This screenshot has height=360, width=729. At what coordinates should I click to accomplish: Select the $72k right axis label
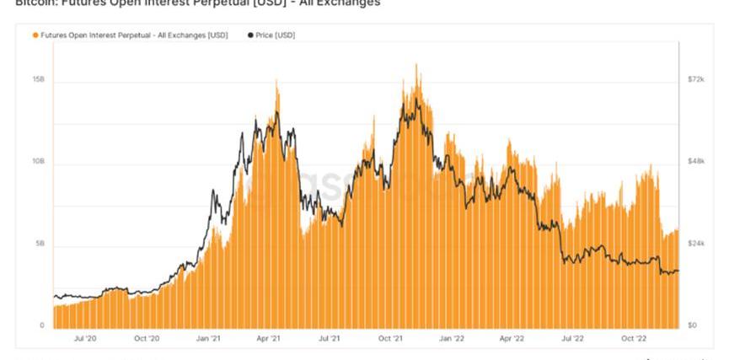[695, 79]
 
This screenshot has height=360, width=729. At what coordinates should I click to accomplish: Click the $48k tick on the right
[695, 161]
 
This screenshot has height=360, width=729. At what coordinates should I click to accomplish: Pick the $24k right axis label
[695, 244]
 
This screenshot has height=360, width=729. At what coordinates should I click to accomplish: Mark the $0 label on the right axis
[692, 325]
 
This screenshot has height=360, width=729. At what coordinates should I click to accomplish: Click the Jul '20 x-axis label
[85, 339]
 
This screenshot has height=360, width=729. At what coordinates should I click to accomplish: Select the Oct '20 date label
[147, 339]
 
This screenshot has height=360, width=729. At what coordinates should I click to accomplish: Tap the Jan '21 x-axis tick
[208, 339]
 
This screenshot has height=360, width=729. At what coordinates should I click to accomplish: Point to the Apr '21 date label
[269, 339]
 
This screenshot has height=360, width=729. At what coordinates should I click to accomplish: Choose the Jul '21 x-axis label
[330, 339]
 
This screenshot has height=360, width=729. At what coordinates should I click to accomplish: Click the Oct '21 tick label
[391, 339]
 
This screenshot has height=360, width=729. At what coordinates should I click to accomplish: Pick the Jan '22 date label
[453, 339]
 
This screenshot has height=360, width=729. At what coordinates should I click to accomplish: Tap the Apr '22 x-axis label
[512, 339]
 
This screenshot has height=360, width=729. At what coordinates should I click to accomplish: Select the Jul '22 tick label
[573, 339]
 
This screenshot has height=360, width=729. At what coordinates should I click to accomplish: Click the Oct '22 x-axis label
[635, 339]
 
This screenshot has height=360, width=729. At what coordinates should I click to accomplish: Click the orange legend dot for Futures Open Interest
[35, 35]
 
